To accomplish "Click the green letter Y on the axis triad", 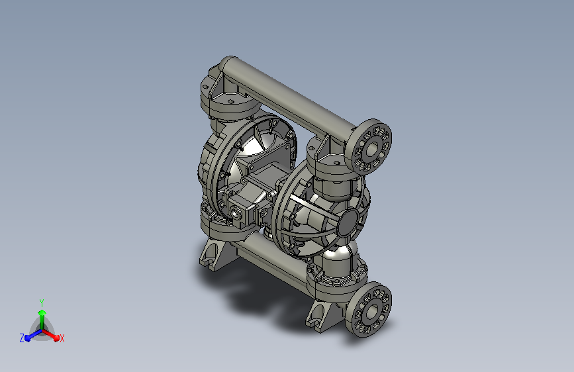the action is click(x=42, y=302).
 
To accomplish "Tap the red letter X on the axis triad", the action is click(x=62, y=338).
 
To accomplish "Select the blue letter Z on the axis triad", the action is click(x=22, y=338).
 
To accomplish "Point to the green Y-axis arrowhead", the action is click(x=42, y=312).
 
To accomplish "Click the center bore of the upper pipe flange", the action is click(x=371, y=148).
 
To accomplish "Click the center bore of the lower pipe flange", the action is click(x=371, y=311).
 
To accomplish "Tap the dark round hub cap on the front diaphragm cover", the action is click(x=347, y=222).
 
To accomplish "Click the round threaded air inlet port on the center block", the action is click(x=234, y=211).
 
